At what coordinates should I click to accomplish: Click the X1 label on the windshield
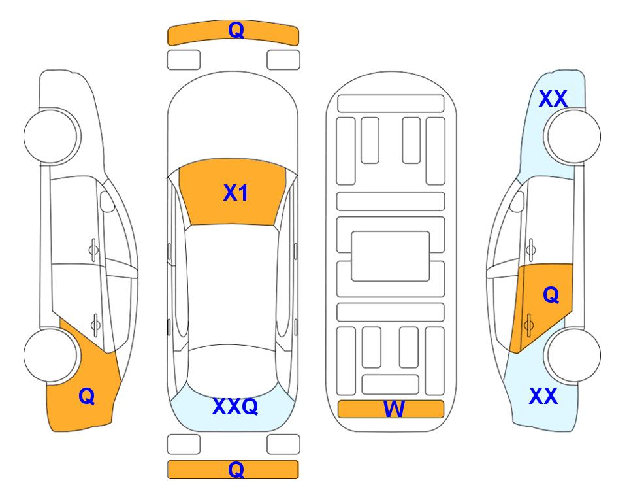pyautogui.click(x=236, y=193)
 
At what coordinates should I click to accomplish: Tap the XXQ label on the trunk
pyautogui.click(x=235, y=407)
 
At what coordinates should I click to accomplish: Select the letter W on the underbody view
pyautogui.click(x=393, y=409)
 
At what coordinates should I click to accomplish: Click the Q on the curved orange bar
pyautogui.click(x=236, y=30)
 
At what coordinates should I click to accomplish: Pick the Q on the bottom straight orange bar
pyautogui.click(x=236, y=469)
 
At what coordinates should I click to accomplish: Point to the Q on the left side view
pyautogui.click(x=87, y=396)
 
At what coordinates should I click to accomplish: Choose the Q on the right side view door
pyautogui.click(x=551, y=295)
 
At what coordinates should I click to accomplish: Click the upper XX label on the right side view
pyautogui.click(x=553, y=99)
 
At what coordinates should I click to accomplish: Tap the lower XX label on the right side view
pyautogui.click(x=543, y=396)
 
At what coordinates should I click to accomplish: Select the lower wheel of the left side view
pyautogui.click(x=50, y=355)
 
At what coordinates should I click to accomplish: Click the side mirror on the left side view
pyautogui.click(x=107, y=201)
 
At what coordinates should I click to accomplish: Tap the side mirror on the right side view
pyautogui.click(x=517, y=201)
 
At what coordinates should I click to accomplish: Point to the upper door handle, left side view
pyautogui.click(x=93, y=250)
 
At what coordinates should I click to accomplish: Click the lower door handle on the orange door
pyautogui.click(x=528, y=325)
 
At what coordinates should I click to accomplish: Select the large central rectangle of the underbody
pyautogui.click(x=391, y=256)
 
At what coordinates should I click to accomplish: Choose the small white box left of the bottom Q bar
pyautogui.click(x=184, y=444)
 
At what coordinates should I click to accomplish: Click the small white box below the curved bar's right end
pyautogui.click(x=283, y=60)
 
